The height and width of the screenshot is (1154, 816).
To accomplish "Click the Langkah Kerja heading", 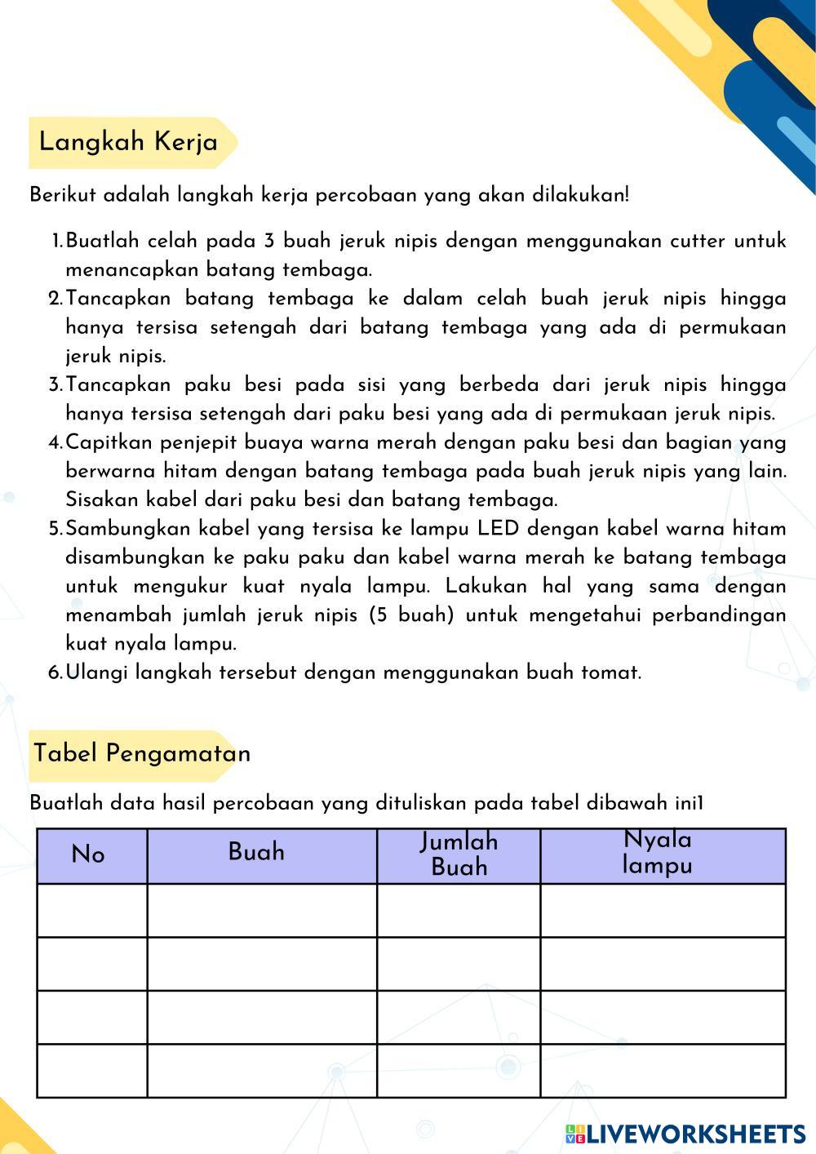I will [x=129, y=142].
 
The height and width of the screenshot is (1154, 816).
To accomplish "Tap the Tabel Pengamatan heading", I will [x=142, y=752].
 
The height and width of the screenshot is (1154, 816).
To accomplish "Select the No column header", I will [x=88, y=854].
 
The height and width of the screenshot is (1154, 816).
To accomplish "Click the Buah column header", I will [x=256, y=852].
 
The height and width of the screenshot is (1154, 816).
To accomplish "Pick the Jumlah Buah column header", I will [x=459, y=854].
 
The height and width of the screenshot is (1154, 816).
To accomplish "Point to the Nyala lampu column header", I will [x=658, y=852].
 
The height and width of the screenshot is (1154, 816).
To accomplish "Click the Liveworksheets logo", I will [x=685, y=1134].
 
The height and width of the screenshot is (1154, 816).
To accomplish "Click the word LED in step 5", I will [x=499, y=528].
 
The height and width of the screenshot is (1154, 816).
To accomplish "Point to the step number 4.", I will [x=55, y=442].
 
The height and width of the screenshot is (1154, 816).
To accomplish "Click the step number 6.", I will [x=55, y=672].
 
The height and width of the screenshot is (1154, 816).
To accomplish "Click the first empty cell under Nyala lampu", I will [x=663, y=910].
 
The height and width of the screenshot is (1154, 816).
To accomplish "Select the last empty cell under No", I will [x=92, y=1071].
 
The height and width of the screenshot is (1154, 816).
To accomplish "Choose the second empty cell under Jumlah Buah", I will [x=459, y=964].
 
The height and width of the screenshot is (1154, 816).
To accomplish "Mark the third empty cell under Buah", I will [x=262, y=1017].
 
